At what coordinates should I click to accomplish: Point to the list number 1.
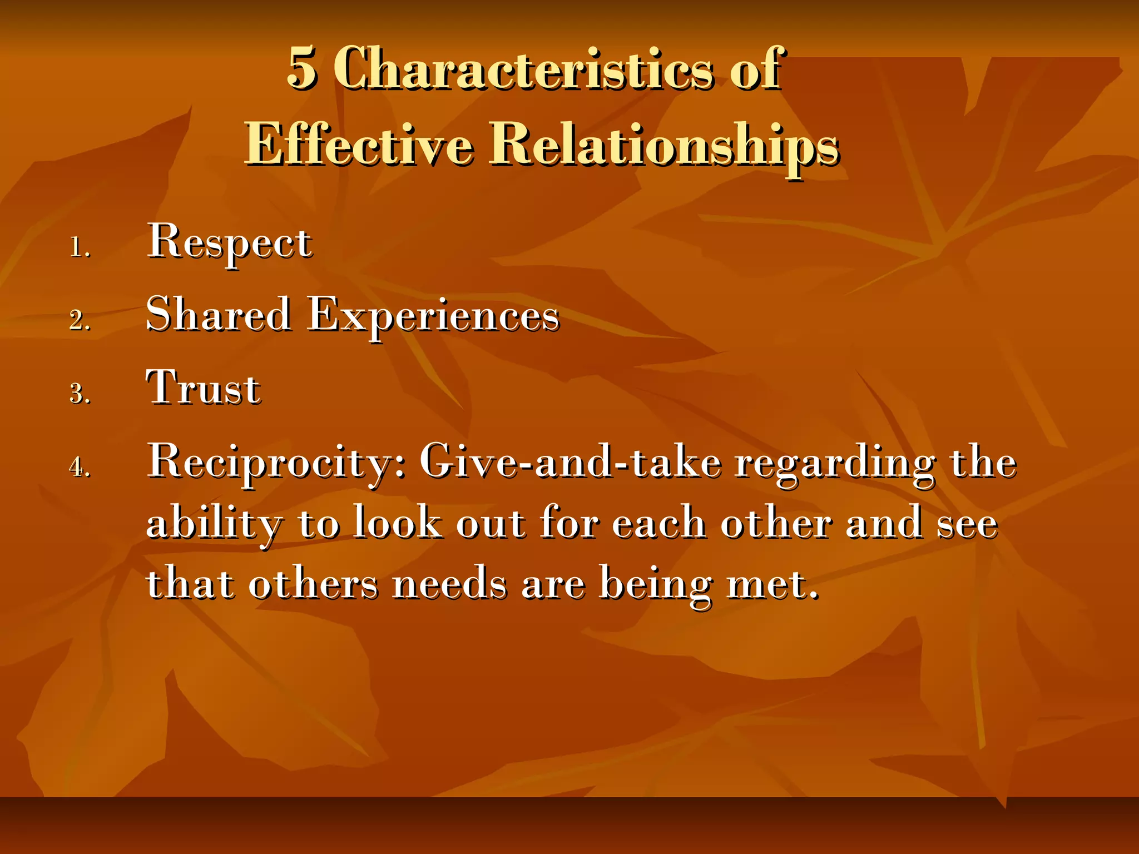pyautogui.click(x=80, y=247)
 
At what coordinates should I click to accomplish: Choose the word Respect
pyautogui.click(x=229, y=242)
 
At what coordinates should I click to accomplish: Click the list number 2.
pyautogui.click(x=80, y=321)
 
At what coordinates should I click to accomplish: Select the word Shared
pyautogui.click(x=218, y=315)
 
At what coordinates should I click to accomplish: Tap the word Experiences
pyautogui.click(x=433, y=316)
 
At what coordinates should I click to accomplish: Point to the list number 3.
pyautogui.click(x=80, y=394)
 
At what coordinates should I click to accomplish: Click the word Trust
pyautogui.click(x=203, y=388)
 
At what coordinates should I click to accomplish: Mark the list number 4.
pyautogui.click(x=80, y=467)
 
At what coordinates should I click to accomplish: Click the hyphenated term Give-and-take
pyautogui.click(x=570, y=461)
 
